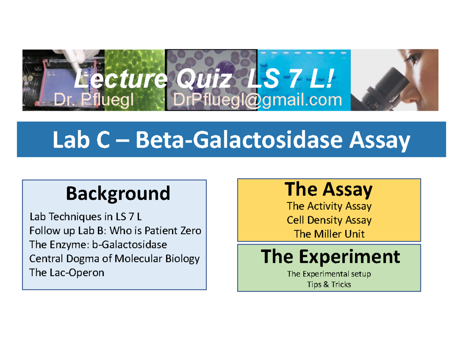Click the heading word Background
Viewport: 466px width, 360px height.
click(x=118, y=193)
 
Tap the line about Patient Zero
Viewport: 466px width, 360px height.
click(x=115, y=231)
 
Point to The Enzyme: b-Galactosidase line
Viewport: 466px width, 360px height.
click(x=98, y=245)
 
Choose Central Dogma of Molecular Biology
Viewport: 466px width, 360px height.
click(x=115, y=259)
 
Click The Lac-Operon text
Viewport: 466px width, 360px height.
click(x=67, y=273)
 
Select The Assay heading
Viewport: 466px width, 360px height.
click(x=329, y=190)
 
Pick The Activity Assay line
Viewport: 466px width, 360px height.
click(x=329, y=206)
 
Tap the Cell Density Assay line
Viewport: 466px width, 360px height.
click(x=329, y=220)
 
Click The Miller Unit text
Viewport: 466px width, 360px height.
click(x=329, y=234)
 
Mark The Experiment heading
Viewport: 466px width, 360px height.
click(x=330, y=256)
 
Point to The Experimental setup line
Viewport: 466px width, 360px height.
click(x=329, y=274)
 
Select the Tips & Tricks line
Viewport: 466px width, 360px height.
click(x=329, y=285)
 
